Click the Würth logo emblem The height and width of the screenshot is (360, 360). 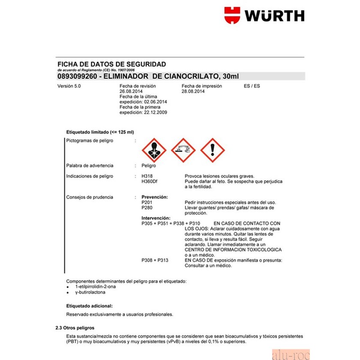pos(232,15)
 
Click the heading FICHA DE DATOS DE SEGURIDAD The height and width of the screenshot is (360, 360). pos(111,64)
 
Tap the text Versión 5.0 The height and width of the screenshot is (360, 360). pos(69,86)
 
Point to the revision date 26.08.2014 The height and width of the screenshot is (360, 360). pos(131,91)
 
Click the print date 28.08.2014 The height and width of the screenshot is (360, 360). pos(193,91)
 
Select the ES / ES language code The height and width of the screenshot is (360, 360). pos(252,86)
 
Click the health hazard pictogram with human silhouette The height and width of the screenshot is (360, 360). pos(153,150)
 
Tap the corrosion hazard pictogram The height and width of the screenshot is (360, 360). pos(183,150)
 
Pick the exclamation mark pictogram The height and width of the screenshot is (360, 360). pos(213,150)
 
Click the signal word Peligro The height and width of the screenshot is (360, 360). pos(149,165)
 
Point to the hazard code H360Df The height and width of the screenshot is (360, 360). pos(149,181)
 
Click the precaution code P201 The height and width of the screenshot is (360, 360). pos(147,202)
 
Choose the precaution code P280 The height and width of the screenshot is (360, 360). pos(147,207)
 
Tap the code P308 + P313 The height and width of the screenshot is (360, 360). pos(155,260)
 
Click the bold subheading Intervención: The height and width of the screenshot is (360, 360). pos(156,218)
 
